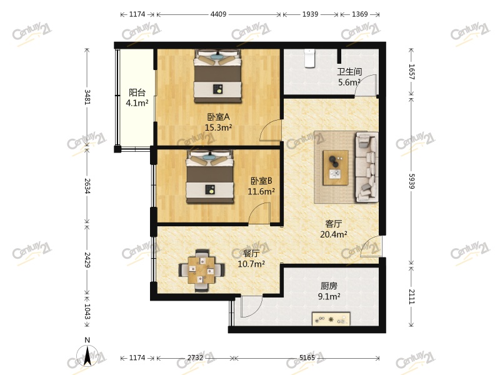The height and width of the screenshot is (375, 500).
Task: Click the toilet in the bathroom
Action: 309,58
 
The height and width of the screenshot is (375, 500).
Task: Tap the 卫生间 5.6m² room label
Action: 349,77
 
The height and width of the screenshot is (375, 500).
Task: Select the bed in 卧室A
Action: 217,76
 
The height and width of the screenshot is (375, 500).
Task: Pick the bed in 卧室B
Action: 210,176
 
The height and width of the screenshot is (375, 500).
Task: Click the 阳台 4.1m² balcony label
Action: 137,97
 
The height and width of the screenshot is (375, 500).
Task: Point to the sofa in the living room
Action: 367,167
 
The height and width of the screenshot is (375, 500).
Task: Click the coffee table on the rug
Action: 336,167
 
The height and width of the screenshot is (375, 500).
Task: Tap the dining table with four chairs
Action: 201,271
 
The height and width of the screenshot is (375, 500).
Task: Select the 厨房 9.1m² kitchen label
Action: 329,291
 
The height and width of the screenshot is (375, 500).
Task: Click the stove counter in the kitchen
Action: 331,319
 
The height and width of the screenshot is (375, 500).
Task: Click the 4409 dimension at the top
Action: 218,14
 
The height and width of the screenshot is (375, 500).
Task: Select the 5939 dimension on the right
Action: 412,181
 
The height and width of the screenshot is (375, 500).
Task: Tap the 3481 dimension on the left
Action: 87,97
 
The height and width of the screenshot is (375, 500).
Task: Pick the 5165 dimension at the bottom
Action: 307,357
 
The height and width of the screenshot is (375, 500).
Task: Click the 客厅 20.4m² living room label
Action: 334,229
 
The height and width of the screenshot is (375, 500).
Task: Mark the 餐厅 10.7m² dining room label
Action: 251,259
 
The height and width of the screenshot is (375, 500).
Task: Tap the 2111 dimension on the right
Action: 412,296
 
